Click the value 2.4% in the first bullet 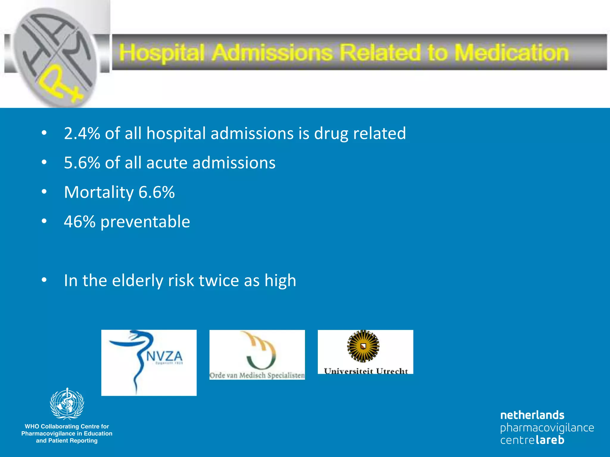coord(82,133)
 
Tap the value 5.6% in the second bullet coord(82,163)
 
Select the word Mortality coord(99,192)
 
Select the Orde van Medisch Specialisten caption coord(257,375)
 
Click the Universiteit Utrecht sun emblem coord(363,346)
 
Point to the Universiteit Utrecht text coord(365,371)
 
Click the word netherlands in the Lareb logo coord(532,415)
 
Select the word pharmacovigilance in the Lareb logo coord(547,428)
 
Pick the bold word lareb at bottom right coord(550,440)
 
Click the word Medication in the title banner coord(511,53)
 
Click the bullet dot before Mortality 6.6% coord(44,192)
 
